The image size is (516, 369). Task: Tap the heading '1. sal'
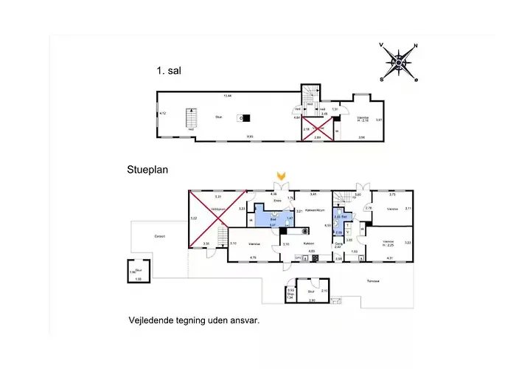[169, 72]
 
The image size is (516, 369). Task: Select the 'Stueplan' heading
[147, 169]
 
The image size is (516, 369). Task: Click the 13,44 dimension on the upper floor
[228, 95]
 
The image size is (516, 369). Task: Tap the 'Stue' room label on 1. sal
[219, 117]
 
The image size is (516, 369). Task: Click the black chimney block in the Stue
[245, 117]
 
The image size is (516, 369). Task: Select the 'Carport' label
[160, 236]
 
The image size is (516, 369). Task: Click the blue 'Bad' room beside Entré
[273, 219]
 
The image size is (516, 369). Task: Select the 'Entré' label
[278, 200]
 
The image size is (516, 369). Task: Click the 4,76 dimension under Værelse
[252, 258]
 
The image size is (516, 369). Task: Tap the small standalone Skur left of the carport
[138, 274]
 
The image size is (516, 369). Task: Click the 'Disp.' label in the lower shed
[290, 294]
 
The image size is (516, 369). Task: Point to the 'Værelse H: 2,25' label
[388, 243]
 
